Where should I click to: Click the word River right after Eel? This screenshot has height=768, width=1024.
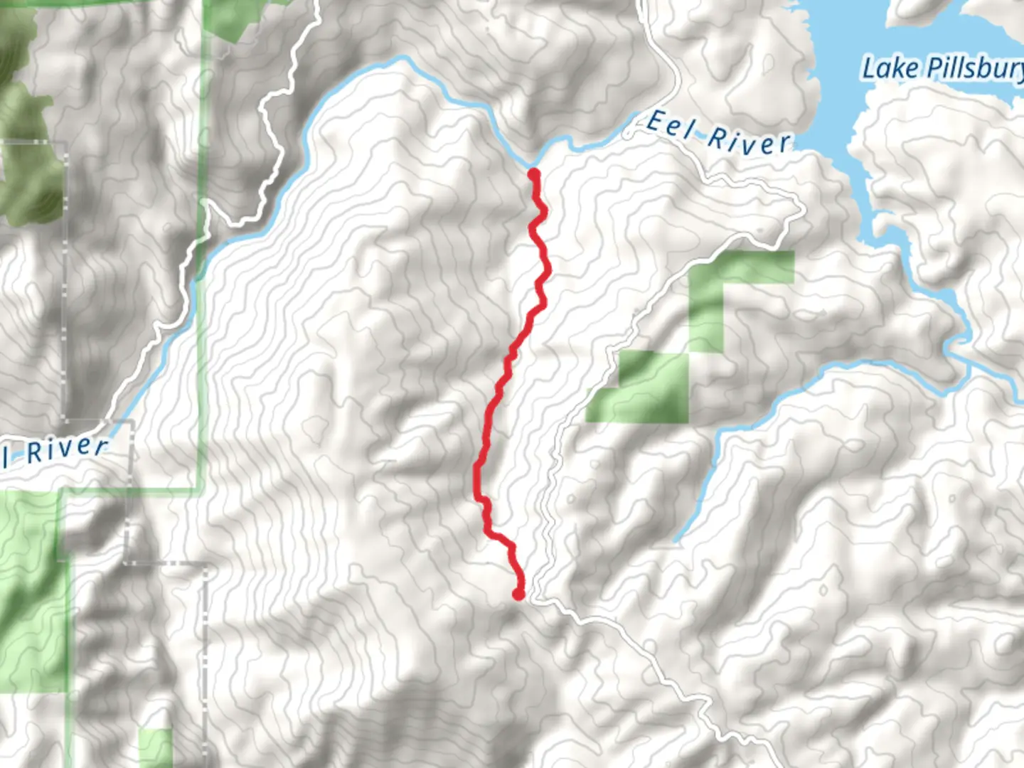[748, 140]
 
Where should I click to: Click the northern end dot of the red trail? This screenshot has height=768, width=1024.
[533, 173]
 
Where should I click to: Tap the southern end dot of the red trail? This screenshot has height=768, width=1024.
[519, 594]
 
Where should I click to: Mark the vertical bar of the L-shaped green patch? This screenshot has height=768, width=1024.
[706, 313]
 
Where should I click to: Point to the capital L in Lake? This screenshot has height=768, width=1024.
[869, 69]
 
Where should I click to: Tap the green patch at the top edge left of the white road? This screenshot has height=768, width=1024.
[235, 18]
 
